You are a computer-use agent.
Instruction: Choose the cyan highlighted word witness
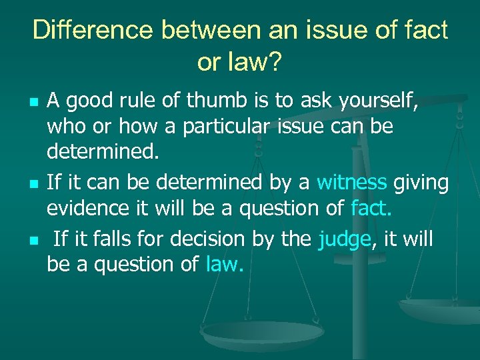pos(351,181)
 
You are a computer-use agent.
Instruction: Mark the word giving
pos(421,181)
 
